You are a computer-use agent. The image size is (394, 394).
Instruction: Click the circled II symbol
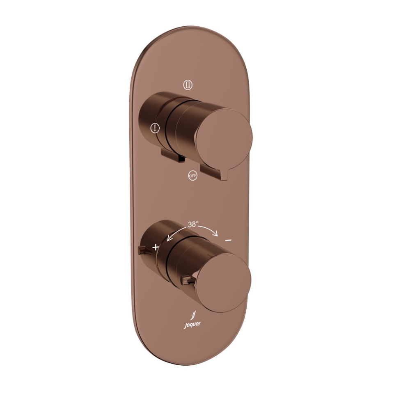point(188,85)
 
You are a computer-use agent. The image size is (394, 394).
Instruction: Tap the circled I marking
point(154,128)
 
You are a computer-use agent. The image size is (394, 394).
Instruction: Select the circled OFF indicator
point(192,176)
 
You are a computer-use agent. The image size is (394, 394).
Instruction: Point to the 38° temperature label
point(193,224)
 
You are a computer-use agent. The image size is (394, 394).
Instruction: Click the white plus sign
point(156,247)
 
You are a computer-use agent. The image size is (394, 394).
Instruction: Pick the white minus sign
point(228,240)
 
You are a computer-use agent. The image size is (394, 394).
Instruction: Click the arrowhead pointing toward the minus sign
point(216,234)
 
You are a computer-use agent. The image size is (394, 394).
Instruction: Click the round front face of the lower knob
point(222,282)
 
